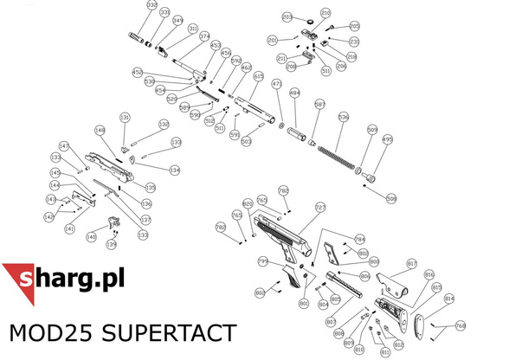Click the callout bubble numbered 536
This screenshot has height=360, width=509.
point(343,116)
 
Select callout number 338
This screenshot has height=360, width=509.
point(151,6)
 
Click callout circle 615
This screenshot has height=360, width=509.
point(258,76)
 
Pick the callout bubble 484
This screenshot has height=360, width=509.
point(294,93)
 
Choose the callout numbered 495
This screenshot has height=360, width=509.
point(387,138)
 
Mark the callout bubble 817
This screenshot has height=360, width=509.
point(412,263)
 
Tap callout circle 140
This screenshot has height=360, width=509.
point(91,236)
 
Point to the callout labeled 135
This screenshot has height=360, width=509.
point(150,188)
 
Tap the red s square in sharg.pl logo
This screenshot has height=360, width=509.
point(25,281)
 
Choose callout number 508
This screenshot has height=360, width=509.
point(391,198)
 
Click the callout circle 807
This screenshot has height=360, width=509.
point(330,321)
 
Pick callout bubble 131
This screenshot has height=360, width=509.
point(125,118)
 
